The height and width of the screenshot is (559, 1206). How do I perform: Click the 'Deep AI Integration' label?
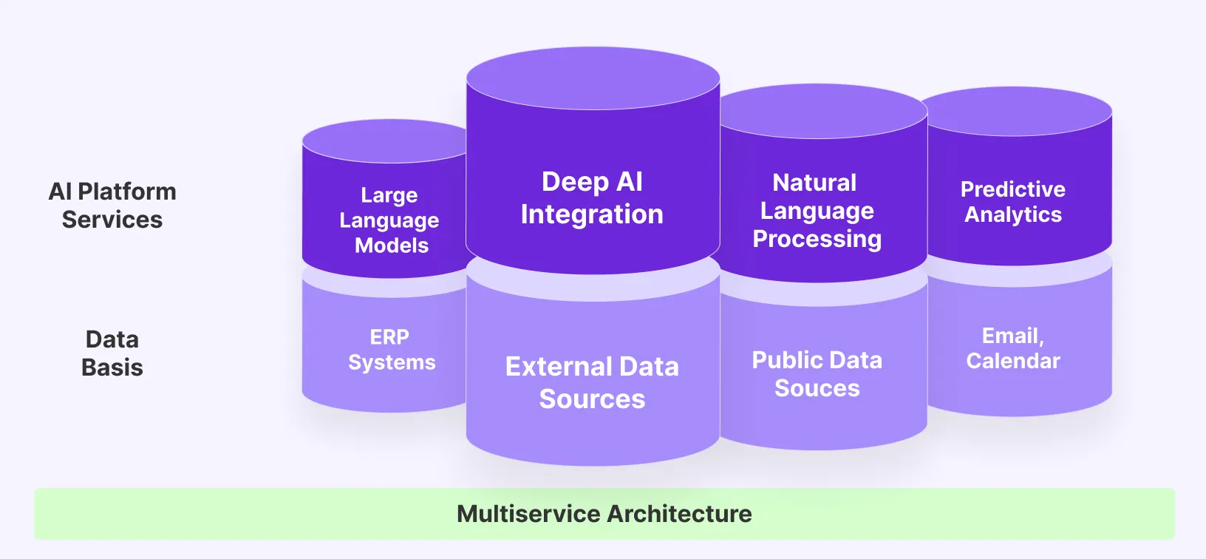(592, 198)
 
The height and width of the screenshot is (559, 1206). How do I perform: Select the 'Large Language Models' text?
(389, 220)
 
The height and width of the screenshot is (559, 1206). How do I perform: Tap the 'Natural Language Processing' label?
(817, 211)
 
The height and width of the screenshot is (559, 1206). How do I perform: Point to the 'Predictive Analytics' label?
(1012, 201)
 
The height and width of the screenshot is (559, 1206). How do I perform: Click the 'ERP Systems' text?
(391, 350)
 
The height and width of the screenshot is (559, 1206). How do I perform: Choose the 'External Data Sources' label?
(592, 382)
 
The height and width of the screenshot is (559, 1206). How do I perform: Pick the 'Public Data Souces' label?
(817, 374)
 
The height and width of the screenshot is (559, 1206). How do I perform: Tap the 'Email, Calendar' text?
(1012, 348)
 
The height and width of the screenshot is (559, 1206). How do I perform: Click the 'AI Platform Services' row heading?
(112, 206)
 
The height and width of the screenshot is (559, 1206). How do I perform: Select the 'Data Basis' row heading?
(112, 353)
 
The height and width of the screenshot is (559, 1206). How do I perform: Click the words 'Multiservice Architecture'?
(604, 514)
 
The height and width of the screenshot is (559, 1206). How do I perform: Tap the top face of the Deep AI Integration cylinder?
(593, 77)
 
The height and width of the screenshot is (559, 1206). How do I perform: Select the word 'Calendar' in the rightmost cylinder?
(1013, 361)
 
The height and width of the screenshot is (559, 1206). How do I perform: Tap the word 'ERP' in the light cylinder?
(389, 337)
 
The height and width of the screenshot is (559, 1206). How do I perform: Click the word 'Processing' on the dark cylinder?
(817, 240)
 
